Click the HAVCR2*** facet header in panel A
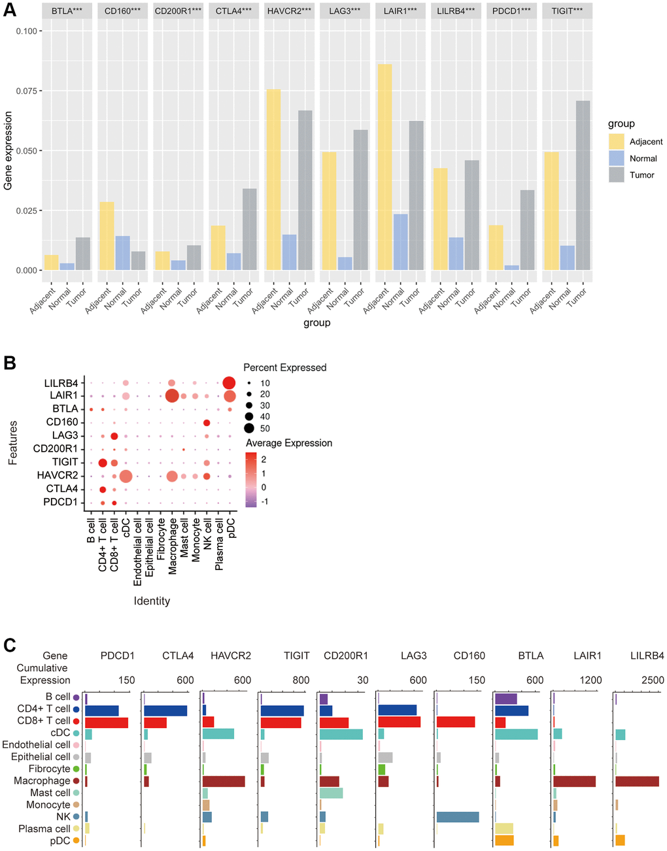(289, 11)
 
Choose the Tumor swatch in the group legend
(616, 175)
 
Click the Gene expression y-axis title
(9, 150)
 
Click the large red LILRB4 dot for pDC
(230, 383)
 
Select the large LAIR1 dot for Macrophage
(172, 396)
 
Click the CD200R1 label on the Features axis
(56, 449)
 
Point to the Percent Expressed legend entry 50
(265, 428)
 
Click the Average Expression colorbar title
(288, 443)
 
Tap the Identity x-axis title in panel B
(152, 601)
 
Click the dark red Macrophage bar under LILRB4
(637, 781)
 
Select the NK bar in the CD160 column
(458, 817)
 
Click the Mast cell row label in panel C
(50, 793)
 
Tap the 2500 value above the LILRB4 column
(653, 680)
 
